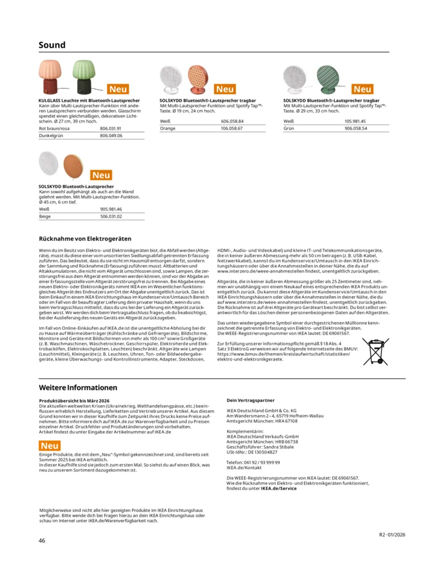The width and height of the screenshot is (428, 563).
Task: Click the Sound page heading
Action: coord(52,45)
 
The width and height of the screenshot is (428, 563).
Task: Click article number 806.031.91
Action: coord(111,129)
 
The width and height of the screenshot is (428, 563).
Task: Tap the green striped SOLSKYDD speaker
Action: coord(328,80)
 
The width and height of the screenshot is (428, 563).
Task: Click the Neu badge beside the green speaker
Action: coord(362,89)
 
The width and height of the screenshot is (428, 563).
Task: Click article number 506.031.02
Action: coord(111,216)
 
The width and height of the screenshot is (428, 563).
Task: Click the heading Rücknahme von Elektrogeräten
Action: coord(85,238)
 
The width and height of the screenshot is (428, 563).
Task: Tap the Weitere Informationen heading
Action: coord(78,387)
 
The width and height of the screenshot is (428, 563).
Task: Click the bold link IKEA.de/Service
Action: coord(279,489)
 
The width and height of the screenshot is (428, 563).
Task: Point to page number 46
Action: coord(42,541)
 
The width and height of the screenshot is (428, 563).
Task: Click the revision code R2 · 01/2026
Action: coord(393,535)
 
